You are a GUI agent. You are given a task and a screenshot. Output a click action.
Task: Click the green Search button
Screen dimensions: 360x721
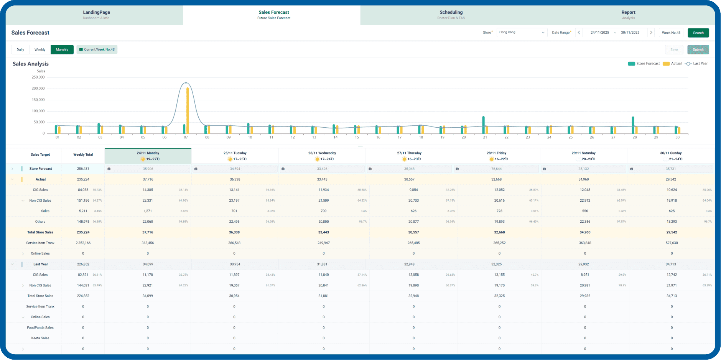click(698, 33)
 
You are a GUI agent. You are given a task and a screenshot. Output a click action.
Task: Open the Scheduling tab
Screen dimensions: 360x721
click(451, 15)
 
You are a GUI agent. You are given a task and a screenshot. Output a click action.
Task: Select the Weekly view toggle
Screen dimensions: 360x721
click(40, 50)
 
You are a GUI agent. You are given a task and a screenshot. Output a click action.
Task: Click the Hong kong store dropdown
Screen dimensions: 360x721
click(522, 33)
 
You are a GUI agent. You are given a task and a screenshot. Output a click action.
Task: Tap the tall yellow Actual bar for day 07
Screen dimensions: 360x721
click(188, 111)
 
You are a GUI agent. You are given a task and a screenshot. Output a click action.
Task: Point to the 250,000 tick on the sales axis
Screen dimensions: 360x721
click(38, 77)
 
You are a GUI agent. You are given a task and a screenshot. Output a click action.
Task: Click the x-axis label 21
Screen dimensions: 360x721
click(485, 137)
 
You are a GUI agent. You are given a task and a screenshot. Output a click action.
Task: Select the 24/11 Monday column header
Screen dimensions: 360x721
click(148, 156)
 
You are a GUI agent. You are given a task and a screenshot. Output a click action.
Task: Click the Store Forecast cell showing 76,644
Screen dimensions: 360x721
click(496, 169)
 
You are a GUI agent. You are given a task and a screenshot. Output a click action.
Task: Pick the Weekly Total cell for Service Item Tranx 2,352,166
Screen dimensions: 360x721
click(83, 243)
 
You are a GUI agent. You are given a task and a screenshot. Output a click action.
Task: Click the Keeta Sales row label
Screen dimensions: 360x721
click(40, 339)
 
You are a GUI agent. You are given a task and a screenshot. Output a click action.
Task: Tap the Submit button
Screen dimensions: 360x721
click(698, 50)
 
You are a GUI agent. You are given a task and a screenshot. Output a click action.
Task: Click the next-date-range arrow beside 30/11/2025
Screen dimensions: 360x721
click(651, 33)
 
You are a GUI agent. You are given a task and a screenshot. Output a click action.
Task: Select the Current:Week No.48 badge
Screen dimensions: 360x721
click(97, 50)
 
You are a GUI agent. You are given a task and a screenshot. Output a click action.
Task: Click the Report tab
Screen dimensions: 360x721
click(628, 15)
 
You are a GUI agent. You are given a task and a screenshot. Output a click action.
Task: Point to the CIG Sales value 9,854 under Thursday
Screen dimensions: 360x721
click(413, 190)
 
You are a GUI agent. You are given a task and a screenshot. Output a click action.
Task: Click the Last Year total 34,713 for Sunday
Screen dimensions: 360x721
click(671, 264)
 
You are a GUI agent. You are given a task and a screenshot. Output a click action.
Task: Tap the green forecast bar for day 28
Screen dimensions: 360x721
click(633, 125)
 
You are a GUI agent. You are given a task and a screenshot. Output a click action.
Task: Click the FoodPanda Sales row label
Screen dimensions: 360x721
click(40, 328)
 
